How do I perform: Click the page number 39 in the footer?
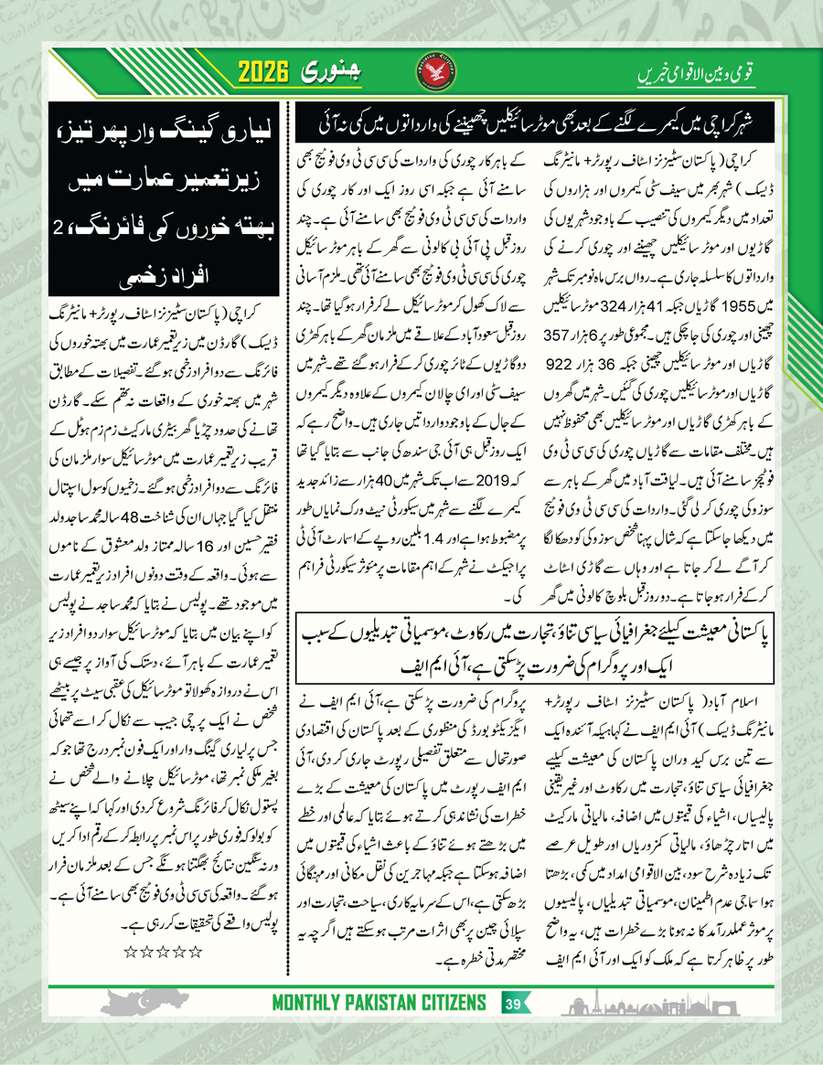point(514,1022)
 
